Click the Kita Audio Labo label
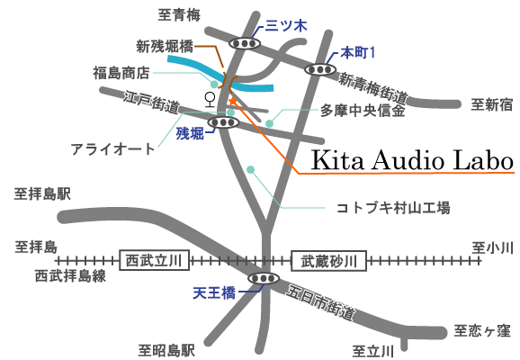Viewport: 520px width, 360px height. point(412,160)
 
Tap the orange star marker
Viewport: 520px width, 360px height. point(233,101)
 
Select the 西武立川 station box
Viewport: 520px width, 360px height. point(154,260)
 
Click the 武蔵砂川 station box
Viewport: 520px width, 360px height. point(329,261)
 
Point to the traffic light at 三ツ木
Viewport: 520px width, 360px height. point(245,43)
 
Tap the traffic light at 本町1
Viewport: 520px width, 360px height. point(320,69)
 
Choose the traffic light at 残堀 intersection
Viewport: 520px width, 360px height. point(223,122)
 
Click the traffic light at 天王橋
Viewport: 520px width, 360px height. point(264,278)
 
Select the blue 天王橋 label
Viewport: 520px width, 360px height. point(214,293)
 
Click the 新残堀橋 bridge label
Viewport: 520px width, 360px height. point(165,47)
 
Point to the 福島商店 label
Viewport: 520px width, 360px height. point(121,73)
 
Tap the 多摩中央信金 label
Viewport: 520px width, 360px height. point(363,111)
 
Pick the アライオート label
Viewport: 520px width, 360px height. point(112,149)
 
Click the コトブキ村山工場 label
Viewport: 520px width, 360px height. point(393,208)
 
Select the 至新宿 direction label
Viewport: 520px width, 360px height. point(492,105)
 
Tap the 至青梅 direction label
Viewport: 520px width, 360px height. point(179,15)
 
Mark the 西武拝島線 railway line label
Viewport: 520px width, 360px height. point(71,275)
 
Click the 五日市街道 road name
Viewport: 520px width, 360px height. point(320,302)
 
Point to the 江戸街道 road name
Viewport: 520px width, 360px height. point(152,102)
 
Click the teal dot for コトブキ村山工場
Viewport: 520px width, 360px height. point(251,170)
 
